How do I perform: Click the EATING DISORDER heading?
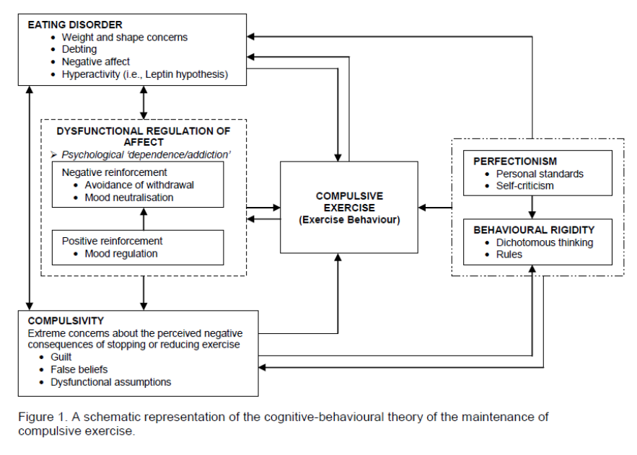75,25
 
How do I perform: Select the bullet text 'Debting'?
79,49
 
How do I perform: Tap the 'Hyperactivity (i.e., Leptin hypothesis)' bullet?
144,74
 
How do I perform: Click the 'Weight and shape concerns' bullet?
124,37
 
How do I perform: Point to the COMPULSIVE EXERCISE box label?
349,202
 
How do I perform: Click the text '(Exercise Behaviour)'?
349,220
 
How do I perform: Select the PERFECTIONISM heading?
514,161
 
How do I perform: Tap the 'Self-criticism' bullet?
524,186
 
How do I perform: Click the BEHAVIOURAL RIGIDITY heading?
533,230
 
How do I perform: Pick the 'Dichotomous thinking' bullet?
545,243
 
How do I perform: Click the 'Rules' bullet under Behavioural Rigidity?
509,255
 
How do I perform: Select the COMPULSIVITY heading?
66,321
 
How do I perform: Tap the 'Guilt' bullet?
61,357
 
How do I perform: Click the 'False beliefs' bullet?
79,370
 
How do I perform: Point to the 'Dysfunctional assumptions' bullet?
110,382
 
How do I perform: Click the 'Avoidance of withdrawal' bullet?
139,185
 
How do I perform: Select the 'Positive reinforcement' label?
112,241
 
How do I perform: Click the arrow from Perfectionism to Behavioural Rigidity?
532,208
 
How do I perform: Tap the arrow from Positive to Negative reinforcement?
144,219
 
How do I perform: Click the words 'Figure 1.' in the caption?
43,418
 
